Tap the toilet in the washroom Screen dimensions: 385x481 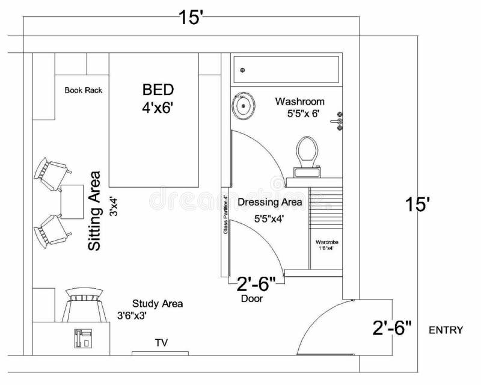tap(307, 155)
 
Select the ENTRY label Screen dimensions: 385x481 tap(446, 330)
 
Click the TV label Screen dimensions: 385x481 tap(161, 343)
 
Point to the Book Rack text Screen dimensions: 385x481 tap(84, 91)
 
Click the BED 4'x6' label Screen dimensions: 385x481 tap(158, 97)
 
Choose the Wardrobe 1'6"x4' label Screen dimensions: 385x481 tap(328, 245)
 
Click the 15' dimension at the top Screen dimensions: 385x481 tap(192, 19)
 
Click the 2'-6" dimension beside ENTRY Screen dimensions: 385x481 tap(391, 328)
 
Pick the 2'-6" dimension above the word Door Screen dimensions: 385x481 tap(256, 282)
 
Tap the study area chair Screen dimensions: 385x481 tap(83, 306)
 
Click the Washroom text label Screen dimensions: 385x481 tap(299, 101)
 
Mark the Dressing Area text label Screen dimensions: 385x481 tap(269, 202)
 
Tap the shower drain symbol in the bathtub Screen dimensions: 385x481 tap(242, 70)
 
